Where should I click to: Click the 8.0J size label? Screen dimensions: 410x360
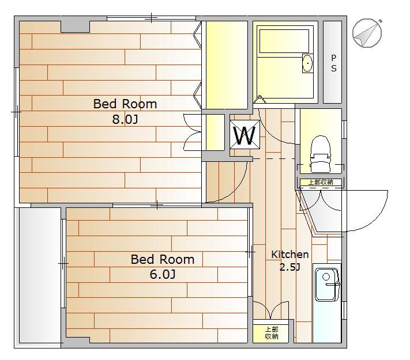click(x=125, y=119)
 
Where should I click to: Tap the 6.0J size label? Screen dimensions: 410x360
click(x=163, y=274)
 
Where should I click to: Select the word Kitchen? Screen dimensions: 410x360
click(x=289, y=254)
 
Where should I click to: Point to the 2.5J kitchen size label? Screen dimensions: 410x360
click(x=290, y=267)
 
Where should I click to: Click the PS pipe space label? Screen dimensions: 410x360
click(x=334, y=63)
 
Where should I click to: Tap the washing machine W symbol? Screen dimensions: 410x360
click(x=245, y=135)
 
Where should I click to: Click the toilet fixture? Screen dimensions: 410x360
click(x=320, y=154)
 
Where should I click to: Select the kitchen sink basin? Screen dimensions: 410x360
click(x=326, y=285)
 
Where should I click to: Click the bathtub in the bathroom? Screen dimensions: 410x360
click(x=284, y=41)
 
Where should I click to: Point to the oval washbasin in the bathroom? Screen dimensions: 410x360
click(x=308, y=63)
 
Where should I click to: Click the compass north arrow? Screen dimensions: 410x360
click(x=367, y=33)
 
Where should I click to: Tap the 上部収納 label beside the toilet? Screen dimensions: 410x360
click(x=321, y=182)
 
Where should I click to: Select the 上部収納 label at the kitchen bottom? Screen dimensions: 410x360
click(x=272, y=333)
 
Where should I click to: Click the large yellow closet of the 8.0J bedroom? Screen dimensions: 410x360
click(x=227, y=65)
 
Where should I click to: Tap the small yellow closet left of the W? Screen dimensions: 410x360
click(x=215, y=132)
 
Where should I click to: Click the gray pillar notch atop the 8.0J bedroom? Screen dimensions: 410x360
click(x=76, y=26)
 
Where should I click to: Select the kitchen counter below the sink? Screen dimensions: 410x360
click(x=327, y=322)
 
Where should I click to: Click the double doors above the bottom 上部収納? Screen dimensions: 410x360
click(x=271, y=310)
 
